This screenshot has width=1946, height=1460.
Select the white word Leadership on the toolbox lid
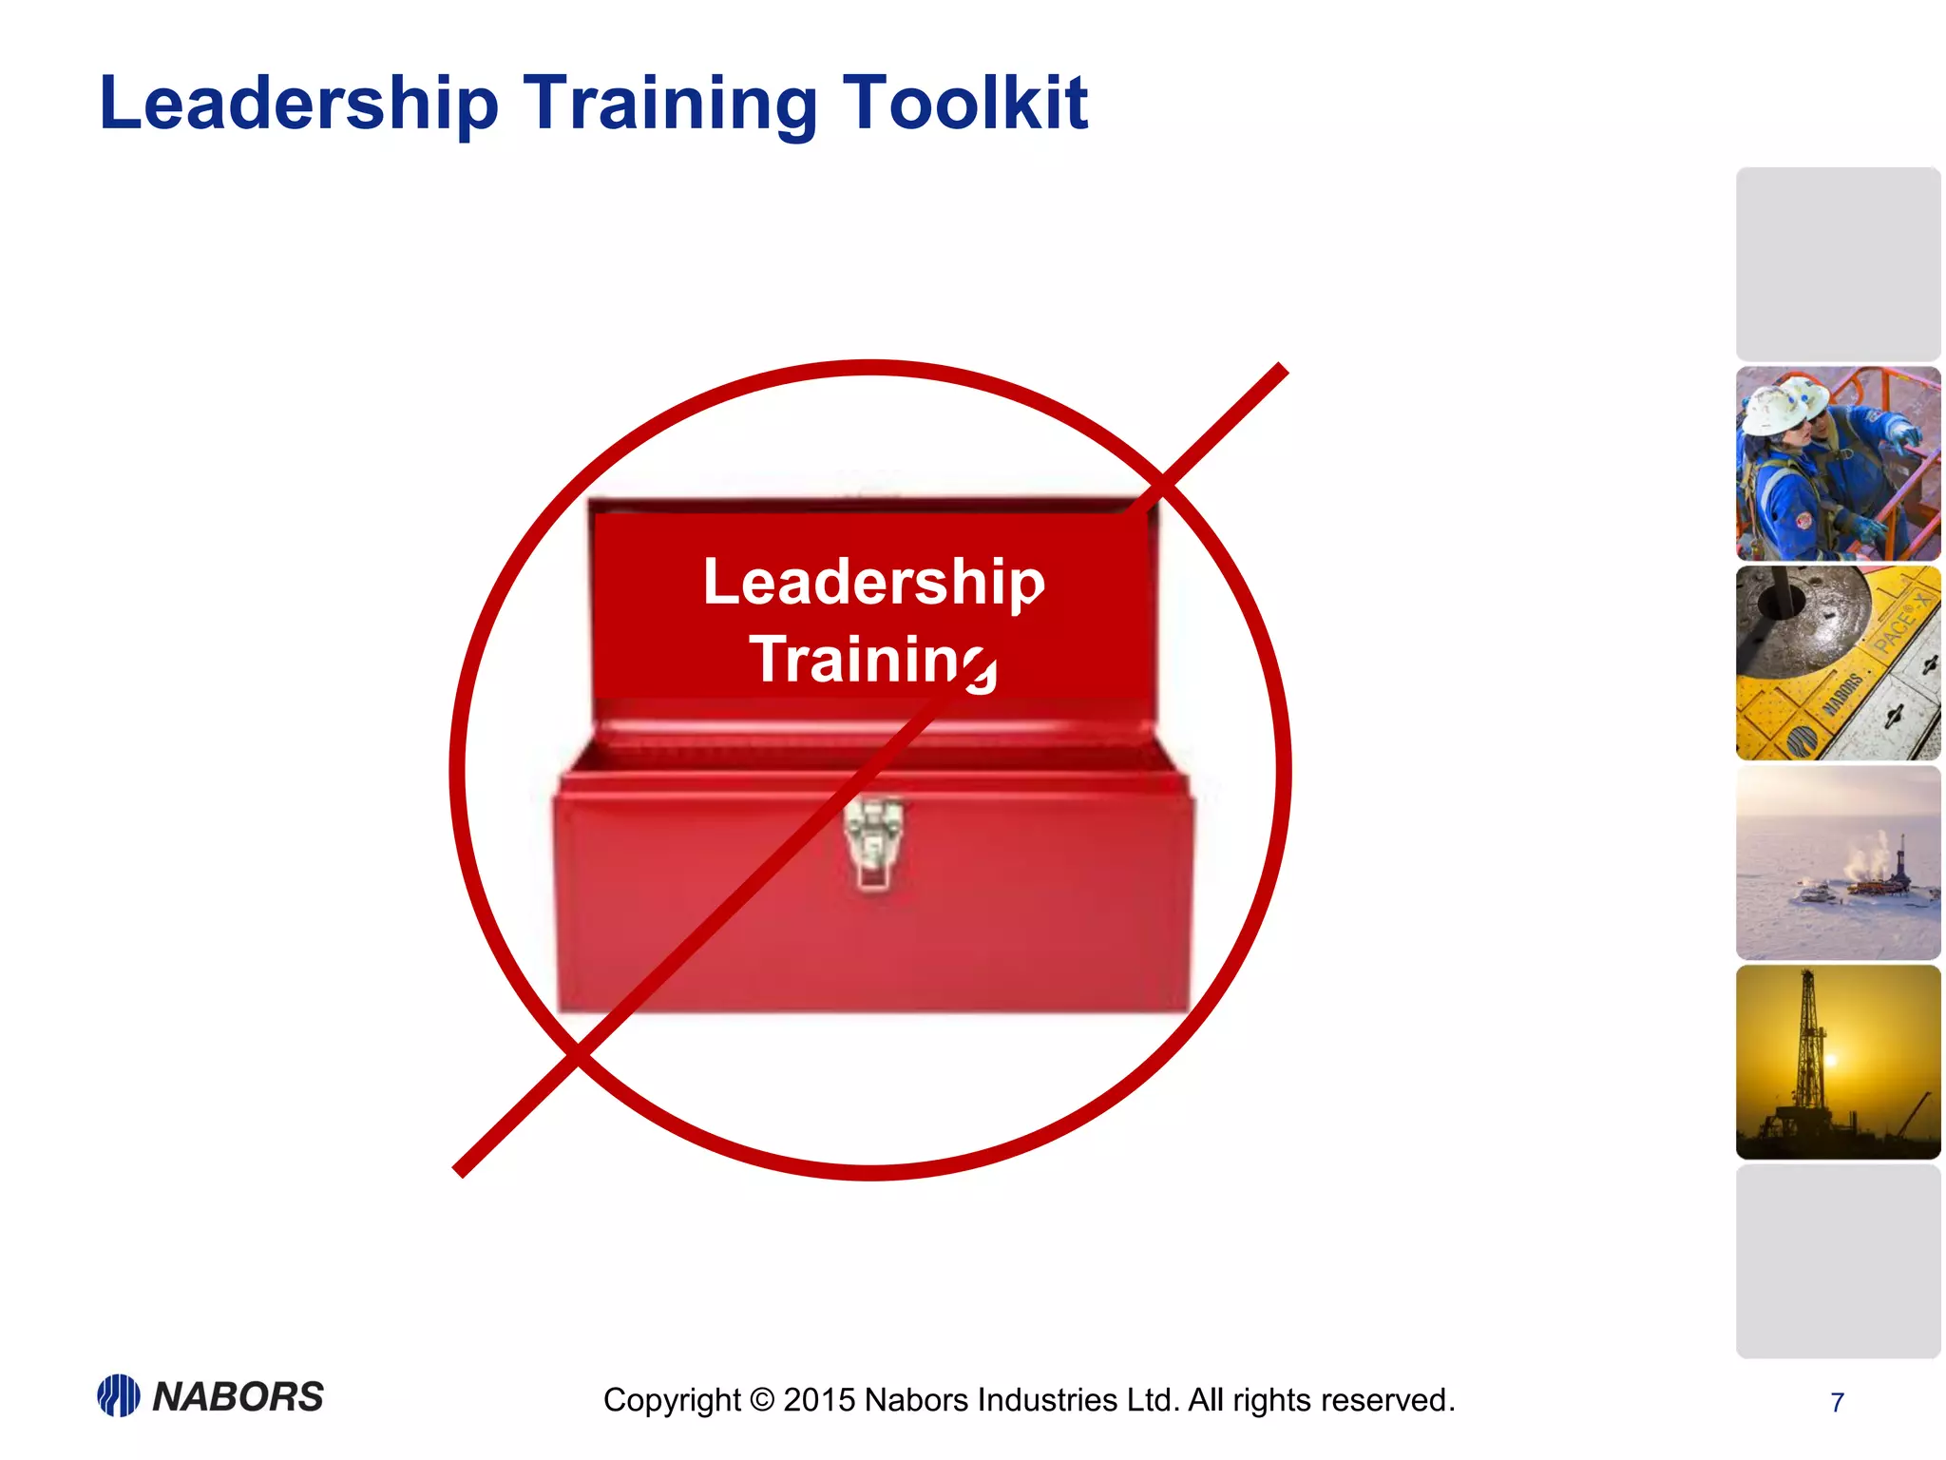873,582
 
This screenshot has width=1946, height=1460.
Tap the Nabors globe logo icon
119,1395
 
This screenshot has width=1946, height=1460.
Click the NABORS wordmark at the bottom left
238,1396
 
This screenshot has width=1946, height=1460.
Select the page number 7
1837,1402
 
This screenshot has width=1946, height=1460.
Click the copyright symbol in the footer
762,1400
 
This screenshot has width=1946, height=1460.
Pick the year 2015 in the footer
819,1400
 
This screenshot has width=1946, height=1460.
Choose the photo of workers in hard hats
1838,464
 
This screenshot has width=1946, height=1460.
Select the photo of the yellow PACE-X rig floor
1838,663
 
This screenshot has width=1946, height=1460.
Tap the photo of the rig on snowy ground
1838,863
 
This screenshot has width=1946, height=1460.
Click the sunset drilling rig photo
1838,1062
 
